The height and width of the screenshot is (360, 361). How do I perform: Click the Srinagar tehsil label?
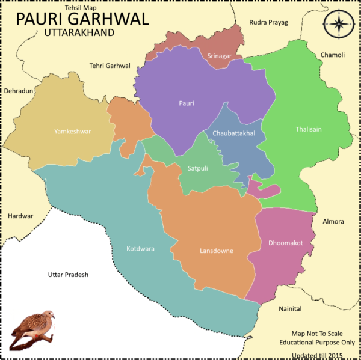point(218,56)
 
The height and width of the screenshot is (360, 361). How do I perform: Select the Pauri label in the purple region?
point(187,103)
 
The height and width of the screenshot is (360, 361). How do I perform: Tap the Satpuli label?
point(197,168)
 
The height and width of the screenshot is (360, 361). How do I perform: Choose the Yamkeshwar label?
point(72,131)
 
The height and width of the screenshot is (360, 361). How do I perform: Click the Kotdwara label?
point(140,248)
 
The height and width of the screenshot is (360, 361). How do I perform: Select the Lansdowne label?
point(216,251)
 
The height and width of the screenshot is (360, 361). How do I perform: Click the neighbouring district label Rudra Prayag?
point(268,22)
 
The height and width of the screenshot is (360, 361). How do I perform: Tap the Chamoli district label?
point(332,55)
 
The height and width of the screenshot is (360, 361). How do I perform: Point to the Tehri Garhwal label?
point(110,66)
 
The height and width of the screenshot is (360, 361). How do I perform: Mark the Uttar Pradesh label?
point(68,275)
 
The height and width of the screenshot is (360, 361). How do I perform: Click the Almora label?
point(335,221)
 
